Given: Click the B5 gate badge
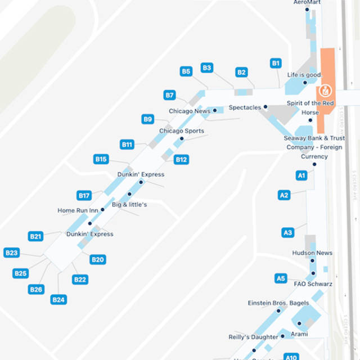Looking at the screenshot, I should pos(186,71).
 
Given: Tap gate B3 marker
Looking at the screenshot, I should pos(206,68).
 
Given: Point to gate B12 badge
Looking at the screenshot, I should pos(181,160).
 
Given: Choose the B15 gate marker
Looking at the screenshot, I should pos(101,159).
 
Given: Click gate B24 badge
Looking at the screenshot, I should pos(58,300).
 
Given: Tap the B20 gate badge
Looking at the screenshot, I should pos(98,259).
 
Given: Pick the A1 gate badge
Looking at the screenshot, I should pos(301,175).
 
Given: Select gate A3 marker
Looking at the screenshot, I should pos(287,232).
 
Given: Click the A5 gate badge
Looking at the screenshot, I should pos(281,278).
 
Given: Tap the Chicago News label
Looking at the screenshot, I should pos(190,111).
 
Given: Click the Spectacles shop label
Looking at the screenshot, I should pos(245,107).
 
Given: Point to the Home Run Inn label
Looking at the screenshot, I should pos(78,210).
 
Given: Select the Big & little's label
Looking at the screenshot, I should pos(129,205).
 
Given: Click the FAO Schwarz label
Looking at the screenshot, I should pos(313,284).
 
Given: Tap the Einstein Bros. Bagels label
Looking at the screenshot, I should pos(278,303).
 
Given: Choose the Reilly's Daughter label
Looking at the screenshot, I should pos(253,337).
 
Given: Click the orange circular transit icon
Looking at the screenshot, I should pos(325,90).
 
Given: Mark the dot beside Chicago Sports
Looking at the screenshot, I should pos(181,138).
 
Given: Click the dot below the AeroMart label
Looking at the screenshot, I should pos(307,10).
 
